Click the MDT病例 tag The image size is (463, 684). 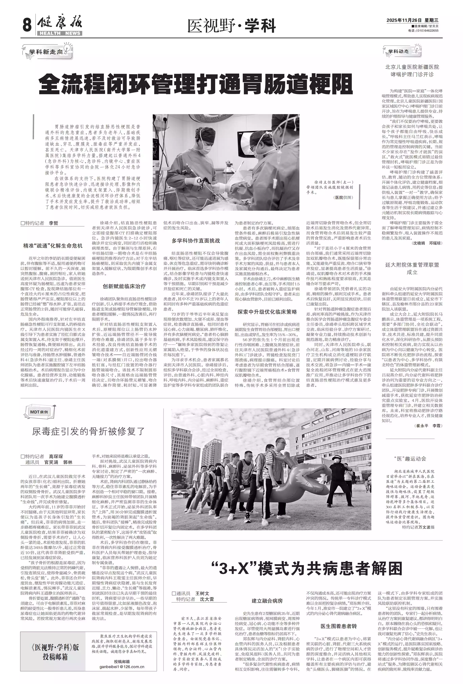pos(39,412)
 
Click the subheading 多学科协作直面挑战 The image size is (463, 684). pos(196,240)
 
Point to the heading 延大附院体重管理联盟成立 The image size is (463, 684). pos(412,268)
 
